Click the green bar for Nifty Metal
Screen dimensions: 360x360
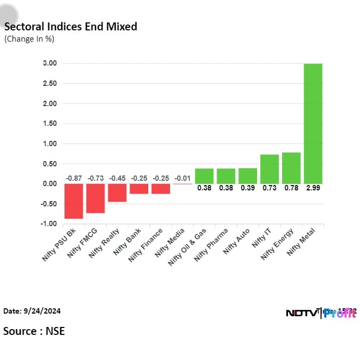click(313, 123)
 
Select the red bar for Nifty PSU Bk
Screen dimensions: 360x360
click(74, 201)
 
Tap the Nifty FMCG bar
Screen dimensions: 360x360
click(95, 198)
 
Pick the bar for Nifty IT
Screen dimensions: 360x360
click(269, 169)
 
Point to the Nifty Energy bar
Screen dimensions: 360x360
click(291, 168)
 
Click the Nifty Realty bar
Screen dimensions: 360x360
click(117, 193)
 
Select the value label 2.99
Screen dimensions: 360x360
click(313, 188)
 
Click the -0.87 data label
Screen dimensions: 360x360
click(74, 178)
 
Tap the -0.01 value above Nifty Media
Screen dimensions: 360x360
click(182, 178)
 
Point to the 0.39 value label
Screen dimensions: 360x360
click(247, 188)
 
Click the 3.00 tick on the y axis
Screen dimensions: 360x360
click(50, 63)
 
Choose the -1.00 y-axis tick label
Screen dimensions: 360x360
click(49, 224)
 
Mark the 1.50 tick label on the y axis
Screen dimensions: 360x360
click(50, 124)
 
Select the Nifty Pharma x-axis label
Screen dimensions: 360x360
click(211, 245)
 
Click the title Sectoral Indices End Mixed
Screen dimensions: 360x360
click(70, 27)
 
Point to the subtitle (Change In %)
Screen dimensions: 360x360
click(29, 39)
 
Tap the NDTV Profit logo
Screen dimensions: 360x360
click(321, 313)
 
